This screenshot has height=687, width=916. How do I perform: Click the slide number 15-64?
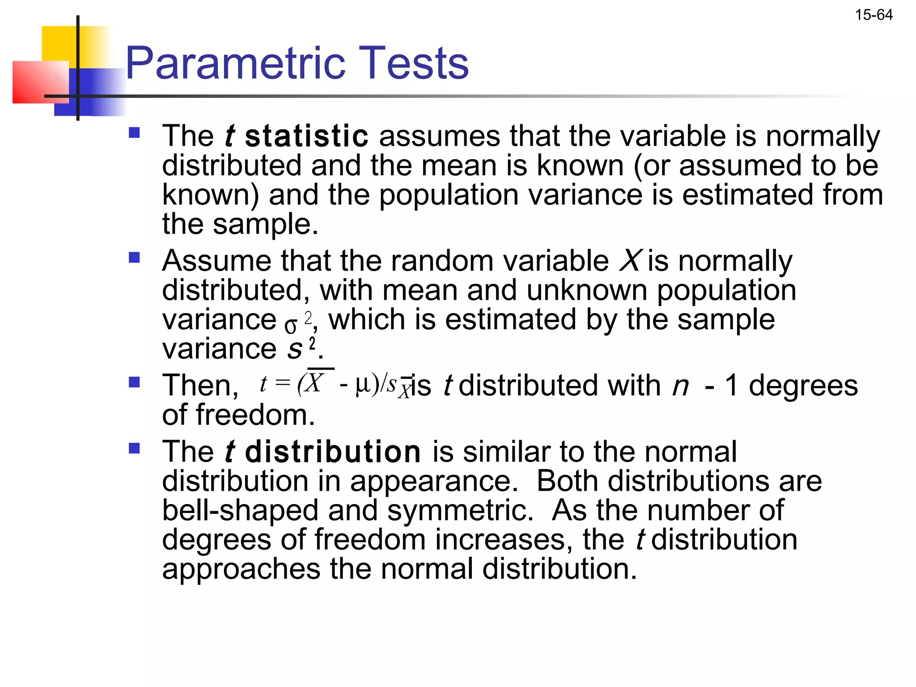(x=874, y=15)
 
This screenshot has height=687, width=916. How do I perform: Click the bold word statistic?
(x=306, y=136)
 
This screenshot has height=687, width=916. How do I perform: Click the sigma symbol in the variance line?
(x=291, y=326)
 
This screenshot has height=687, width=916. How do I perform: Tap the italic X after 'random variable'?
(x=631, y=261)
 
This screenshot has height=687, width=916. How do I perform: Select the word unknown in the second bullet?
(x=586, y=290)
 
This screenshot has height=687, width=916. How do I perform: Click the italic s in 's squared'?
(x=295, y=349)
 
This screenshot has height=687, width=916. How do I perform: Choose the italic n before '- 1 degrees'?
(x=680, y=386)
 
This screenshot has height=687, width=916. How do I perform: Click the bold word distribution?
(x=333, y=452)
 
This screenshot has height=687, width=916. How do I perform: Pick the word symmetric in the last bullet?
(x=460, y=510)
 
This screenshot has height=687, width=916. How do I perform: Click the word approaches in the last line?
(x=241, y=569)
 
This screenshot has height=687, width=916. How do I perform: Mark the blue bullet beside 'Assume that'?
(x=134, y=258)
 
